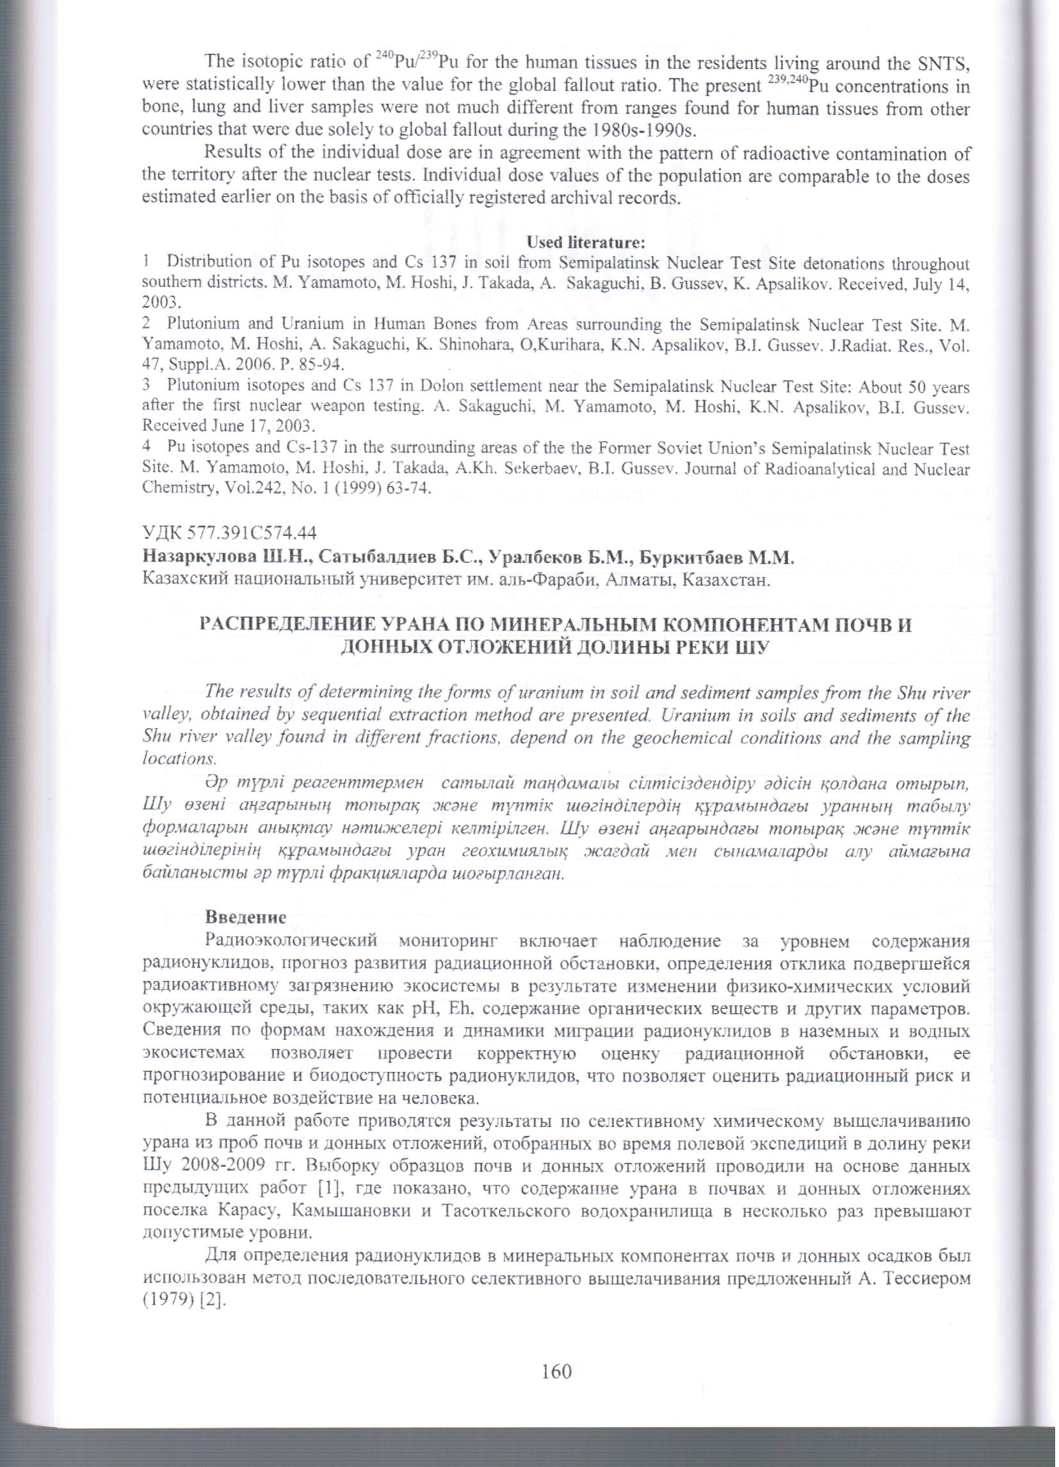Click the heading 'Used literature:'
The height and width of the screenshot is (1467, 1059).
pos(586,243)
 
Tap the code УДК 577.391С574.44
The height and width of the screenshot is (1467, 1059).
pos(229,533)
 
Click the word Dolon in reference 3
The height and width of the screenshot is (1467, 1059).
pos(442,385)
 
